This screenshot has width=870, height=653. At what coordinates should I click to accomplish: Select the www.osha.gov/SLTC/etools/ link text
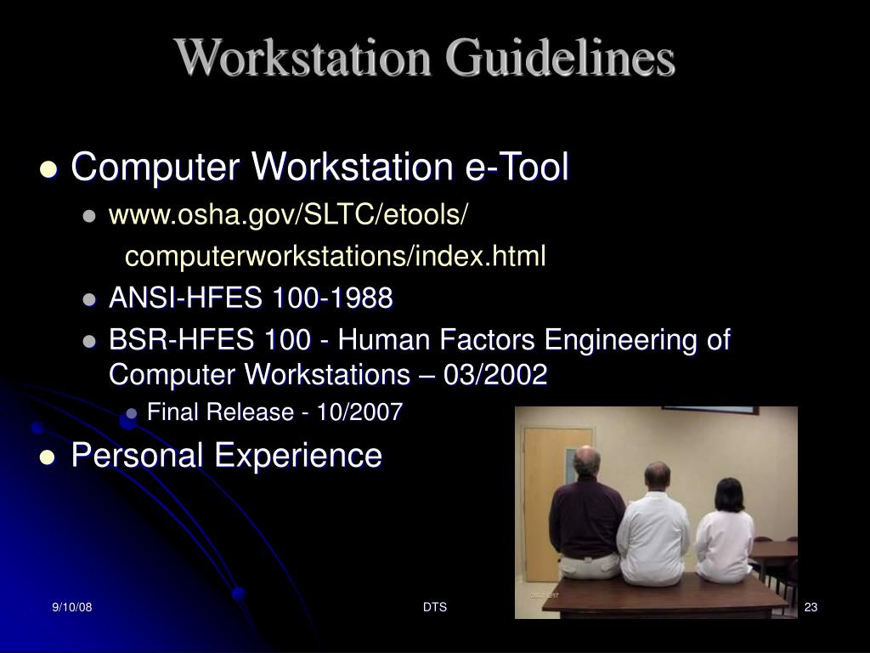(x=288, y=216)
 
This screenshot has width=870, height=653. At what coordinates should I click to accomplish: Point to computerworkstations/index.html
(x=336, y=256)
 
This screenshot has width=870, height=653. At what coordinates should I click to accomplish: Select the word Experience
(x=297, y=455)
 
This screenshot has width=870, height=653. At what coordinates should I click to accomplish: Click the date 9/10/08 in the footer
(x=71, y=607)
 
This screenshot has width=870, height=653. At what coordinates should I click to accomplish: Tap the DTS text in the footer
(x=434, y=607)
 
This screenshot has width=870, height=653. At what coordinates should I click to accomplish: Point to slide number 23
(x=810, y=607)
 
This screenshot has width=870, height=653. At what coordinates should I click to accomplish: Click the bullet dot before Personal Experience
(x=48, y=457)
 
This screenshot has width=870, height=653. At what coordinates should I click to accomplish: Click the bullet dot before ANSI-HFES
(x=90, y=300)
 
